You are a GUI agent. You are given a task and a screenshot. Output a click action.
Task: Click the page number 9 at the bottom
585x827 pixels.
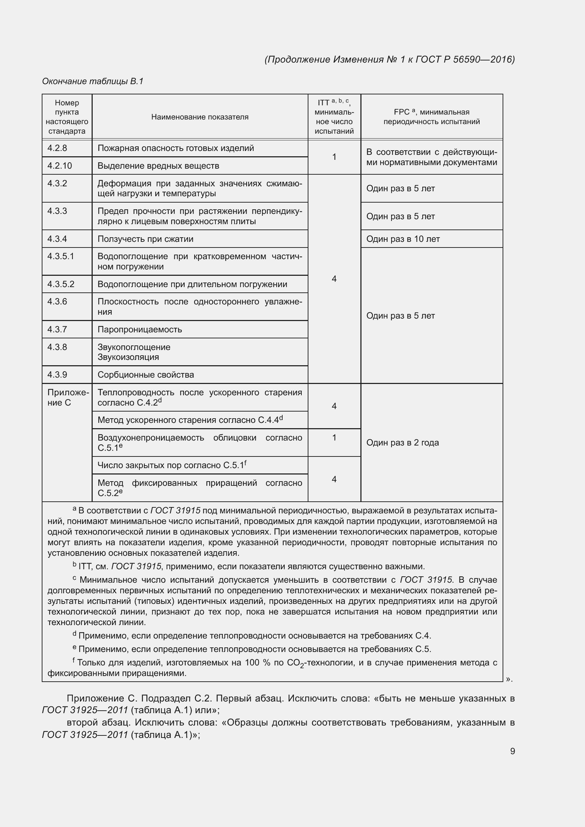coord(512,751)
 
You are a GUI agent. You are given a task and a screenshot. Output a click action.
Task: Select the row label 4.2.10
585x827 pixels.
coord(60,166)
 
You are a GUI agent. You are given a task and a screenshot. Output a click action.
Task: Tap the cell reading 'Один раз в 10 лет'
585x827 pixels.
coord(403,239)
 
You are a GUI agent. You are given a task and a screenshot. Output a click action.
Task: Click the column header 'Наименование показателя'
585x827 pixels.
coord(199,117)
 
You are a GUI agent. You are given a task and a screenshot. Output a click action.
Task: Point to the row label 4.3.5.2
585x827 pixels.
coord(61,284)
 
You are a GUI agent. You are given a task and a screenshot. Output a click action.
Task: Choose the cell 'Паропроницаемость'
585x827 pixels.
coord(140,329)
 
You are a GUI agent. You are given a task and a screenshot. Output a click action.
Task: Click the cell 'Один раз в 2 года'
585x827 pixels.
coord(402,442)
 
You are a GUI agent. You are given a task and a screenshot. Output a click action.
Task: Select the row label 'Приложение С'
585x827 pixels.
coord(67,397)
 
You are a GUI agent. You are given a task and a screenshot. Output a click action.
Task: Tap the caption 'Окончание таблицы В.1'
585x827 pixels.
coord(93,81)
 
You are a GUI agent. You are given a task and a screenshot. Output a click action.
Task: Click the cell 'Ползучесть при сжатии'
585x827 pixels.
coord(145,239)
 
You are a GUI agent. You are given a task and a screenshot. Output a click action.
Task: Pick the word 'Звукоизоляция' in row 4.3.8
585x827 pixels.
coord(128,357)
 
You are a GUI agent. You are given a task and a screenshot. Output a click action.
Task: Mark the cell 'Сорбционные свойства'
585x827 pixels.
coord(145,374)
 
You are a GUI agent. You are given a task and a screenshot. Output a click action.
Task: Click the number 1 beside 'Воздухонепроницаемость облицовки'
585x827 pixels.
coord(334,437)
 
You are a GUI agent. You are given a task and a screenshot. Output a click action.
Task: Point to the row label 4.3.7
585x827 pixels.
coord(57,329)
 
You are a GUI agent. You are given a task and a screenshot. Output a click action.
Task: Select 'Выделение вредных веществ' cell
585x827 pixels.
coord(158,166)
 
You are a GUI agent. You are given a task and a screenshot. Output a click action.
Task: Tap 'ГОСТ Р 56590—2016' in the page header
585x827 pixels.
coord(465,59)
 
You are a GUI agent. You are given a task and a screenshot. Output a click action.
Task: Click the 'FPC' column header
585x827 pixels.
coord(431,117)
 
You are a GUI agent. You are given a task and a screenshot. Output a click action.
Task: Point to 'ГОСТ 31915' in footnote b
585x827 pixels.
coord(136,566)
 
